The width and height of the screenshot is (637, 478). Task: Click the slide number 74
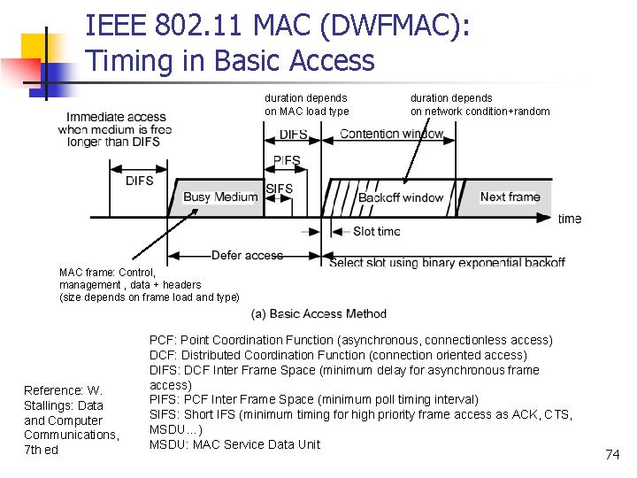[612, 454]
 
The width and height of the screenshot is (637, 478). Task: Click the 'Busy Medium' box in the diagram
[219, 197]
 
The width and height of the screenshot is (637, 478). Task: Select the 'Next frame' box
[510, 197]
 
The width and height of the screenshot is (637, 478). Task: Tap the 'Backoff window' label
[400, 197]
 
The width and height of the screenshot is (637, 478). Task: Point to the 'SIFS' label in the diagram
[279, 189]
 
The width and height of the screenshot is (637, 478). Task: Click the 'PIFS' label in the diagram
[287, 161]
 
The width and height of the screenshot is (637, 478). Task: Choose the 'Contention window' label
[392, 135]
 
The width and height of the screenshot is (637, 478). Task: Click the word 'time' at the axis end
[570, 219]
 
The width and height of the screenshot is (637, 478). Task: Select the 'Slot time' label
[377, 232]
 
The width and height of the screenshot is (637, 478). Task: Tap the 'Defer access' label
[247, 256]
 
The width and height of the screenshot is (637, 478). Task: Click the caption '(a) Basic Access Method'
[318, 313]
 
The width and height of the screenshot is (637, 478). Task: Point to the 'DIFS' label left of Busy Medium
[139, 181]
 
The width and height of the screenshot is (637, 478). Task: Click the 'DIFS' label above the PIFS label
[293, 135]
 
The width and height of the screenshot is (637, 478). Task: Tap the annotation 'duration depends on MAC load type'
[306, 104]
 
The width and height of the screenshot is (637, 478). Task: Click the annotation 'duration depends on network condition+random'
[480, 104]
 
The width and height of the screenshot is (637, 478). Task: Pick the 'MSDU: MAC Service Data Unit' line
[234, 444]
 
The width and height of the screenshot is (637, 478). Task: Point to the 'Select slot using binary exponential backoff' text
[447, 262]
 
